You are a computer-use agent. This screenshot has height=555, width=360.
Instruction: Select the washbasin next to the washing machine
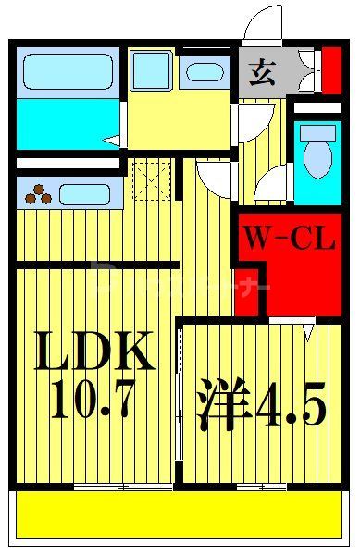204,72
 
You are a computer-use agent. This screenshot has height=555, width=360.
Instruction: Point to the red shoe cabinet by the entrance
330,70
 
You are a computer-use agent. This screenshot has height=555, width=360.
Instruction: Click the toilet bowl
317,157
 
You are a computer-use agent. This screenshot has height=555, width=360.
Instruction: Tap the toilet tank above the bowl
317,129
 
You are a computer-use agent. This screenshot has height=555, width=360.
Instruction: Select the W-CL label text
288,240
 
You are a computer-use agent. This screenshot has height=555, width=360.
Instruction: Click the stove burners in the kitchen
39,194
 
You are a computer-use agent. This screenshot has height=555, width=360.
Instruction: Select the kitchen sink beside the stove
85,195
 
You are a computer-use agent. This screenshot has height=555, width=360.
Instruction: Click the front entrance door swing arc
264,23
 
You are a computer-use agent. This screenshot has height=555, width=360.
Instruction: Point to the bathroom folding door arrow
112,141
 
